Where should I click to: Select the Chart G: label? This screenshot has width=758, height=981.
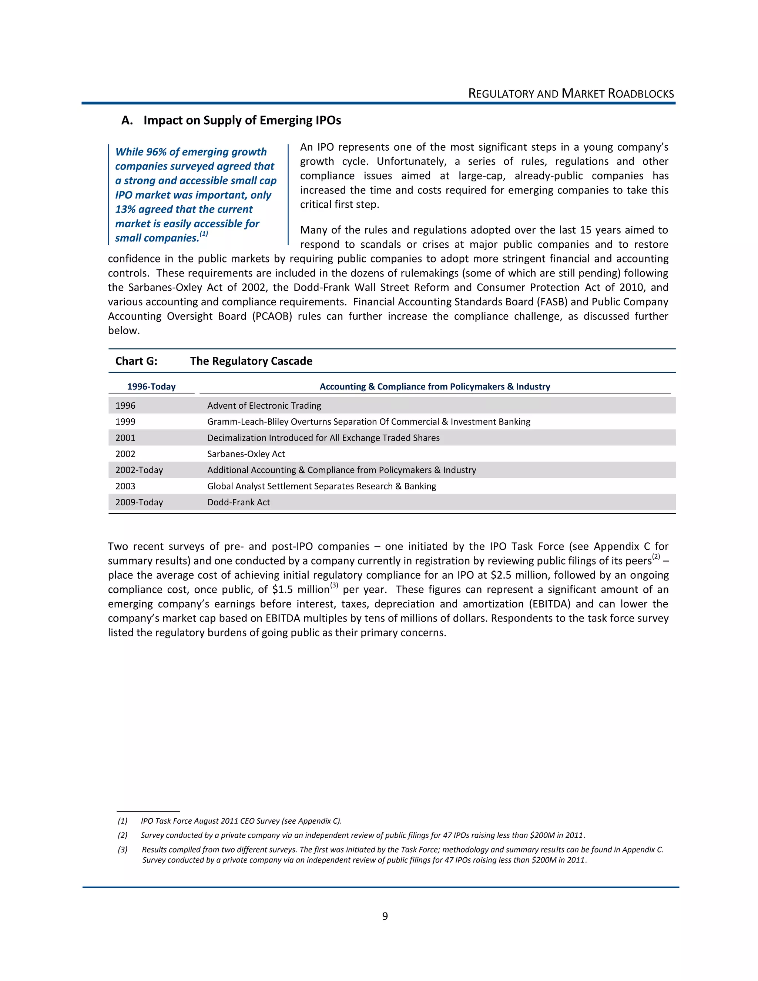click(136, 361)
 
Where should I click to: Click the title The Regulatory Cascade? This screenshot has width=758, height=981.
click(251, 361)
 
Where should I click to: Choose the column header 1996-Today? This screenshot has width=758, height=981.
click(151, 387)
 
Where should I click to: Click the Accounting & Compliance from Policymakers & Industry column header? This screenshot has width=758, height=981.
click(435, 387)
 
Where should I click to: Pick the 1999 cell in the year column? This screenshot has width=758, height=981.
click(125, 422)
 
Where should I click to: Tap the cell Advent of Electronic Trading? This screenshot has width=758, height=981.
click(264, 406)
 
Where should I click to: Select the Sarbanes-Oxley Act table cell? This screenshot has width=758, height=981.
click(246, 454)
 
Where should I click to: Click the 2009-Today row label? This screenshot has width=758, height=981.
click(139, 503)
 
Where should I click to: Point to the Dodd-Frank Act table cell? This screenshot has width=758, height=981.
click(238, 503)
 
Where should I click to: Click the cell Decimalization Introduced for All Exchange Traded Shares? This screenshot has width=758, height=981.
click(323, 438)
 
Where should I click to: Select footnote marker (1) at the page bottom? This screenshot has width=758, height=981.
click(123, 821)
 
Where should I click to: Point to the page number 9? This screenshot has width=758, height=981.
click(385, 916)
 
